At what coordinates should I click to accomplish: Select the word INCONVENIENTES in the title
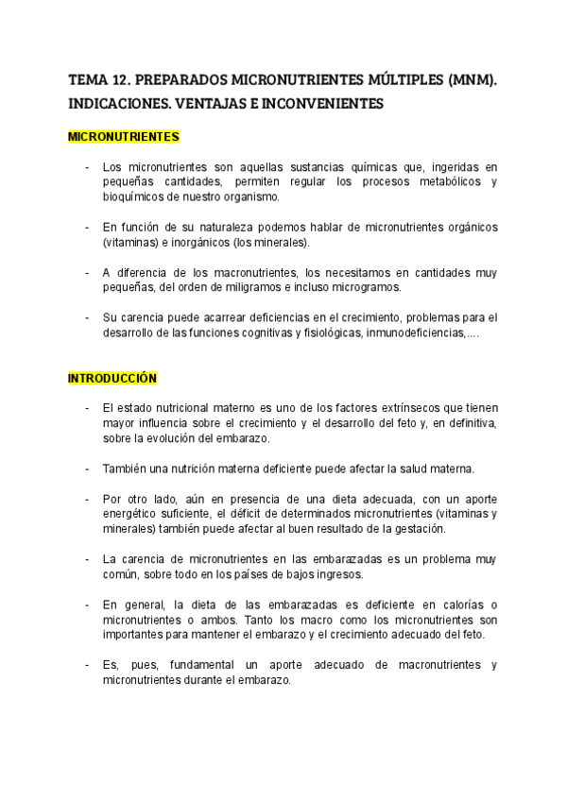click(x=323, y=104)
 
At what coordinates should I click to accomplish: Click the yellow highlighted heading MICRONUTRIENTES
click(x=124, y=137)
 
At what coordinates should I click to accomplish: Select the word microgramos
click(x=364, y=288)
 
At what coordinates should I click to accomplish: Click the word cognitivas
click(x=251, y=333)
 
